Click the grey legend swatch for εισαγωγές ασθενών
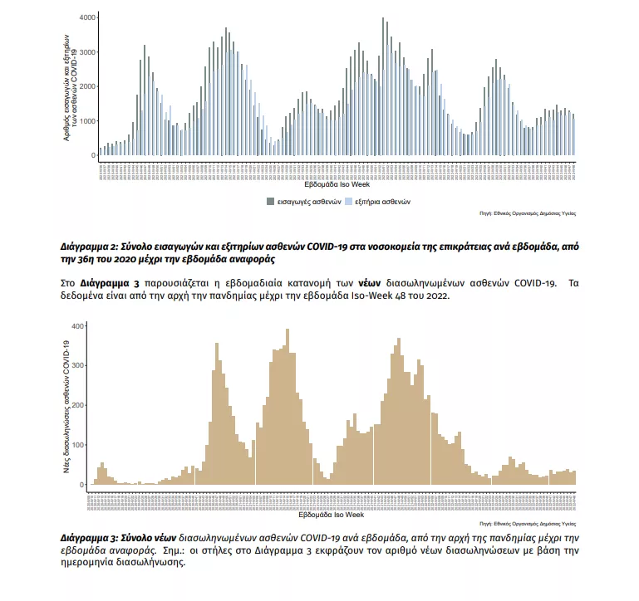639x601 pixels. point(270,202)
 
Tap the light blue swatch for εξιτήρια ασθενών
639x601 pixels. point(348,202)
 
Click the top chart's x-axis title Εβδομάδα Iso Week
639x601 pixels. point(337,186)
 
